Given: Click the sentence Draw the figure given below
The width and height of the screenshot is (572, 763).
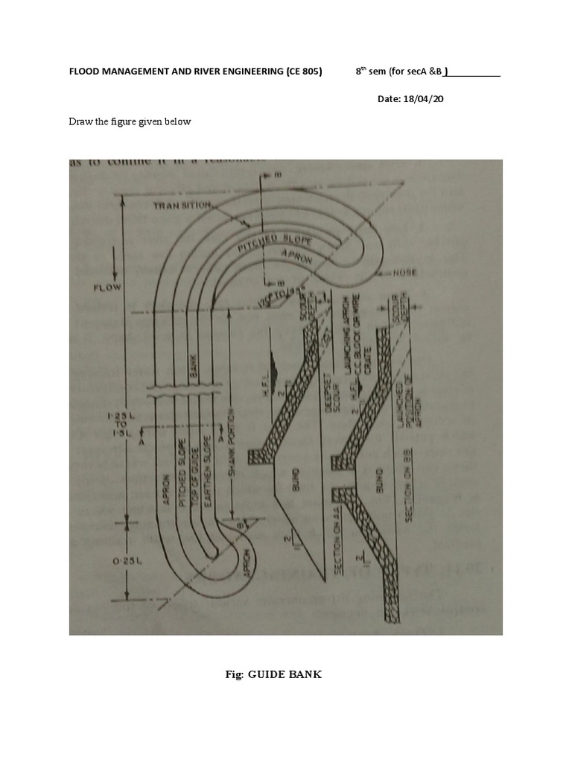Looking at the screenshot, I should point(130,121).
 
